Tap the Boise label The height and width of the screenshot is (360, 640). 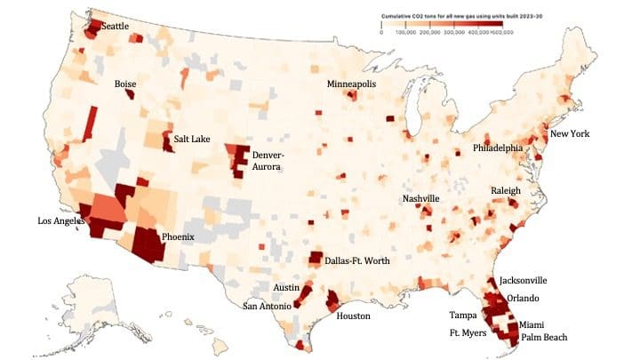click(x=125, y=84)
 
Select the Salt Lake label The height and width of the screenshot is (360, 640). click(x=192, y=140)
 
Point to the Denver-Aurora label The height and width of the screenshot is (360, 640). click(x=268, y=160)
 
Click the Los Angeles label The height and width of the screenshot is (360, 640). click(x=64, y=220)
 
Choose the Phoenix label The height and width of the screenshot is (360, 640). click(x=178, y=237)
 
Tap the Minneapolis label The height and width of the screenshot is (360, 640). click(x=351, y=84)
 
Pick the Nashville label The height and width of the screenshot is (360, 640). click(x=420, y=198)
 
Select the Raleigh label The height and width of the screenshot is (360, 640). click(x=506, y=191)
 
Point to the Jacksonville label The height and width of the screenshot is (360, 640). click(x=523, y=280)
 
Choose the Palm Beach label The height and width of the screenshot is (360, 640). click(x=543, y=338)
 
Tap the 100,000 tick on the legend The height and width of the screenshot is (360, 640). click(x=405, y=31)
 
